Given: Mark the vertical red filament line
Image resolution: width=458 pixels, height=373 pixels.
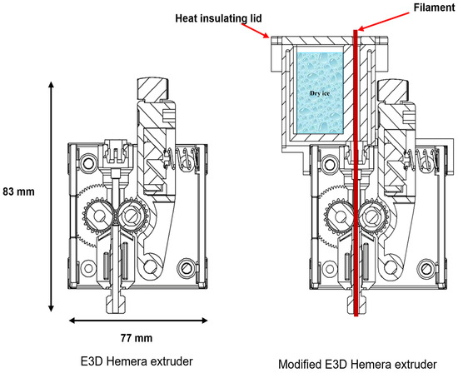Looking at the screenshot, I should (356, 208).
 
